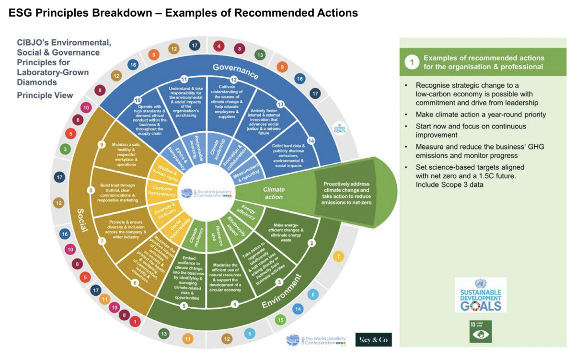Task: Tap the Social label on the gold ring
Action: (83, 221)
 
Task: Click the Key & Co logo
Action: (373, 339)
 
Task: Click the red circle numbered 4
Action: (219, 46)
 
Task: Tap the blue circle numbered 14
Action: (298, 309)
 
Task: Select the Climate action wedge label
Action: (273, 193)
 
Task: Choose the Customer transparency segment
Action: (161, 191)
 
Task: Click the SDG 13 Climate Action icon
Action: (480, 332)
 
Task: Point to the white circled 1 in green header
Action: (411, 62)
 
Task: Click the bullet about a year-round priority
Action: (475, 115)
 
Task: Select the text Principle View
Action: (45, 95)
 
